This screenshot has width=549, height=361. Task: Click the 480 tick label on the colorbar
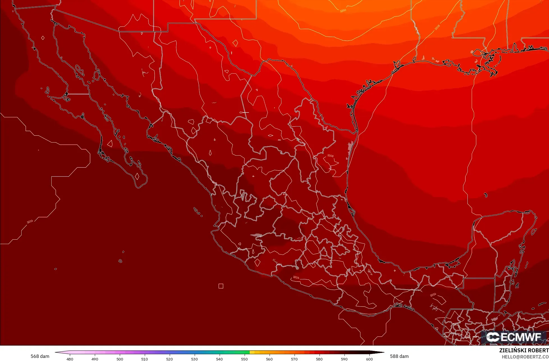[70, 359]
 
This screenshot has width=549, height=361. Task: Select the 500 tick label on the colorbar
[120, 359]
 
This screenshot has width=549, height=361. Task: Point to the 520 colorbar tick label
[169, 359]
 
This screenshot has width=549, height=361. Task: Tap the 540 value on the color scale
[219, 359]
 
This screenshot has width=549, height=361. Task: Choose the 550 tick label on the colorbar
[244, 359]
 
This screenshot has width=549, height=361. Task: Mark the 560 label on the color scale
[269, 359]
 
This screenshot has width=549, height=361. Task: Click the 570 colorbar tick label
[294, 359]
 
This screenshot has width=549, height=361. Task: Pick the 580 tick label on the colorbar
[319, 359]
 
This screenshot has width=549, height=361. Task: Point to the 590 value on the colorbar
[344, 359]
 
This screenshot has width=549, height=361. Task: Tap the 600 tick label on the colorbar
[369, 359]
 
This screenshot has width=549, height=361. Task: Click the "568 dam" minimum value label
[40, 356]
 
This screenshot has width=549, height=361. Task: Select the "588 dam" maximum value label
[399, 356]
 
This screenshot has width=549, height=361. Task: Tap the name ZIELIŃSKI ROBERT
[524, 350]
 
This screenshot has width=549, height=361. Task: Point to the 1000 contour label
[343, 11]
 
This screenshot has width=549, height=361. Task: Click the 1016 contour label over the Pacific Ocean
[30, 222]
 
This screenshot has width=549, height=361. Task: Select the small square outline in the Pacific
[221, 286]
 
